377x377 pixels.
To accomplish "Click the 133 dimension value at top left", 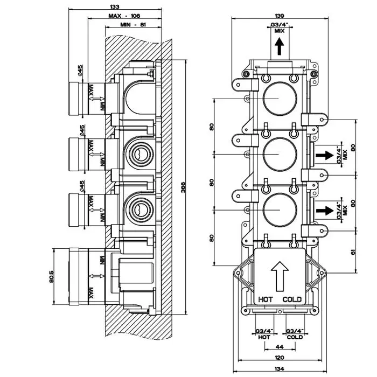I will [x=115, y=6].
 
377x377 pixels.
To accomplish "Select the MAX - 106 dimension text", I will [x=124, y=16].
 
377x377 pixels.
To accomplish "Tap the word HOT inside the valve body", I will [x=266, y=299].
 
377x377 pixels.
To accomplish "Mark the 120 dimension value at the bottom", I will [x=279, y=358].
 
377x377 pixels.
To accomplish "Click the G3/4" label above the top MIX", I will [x=278, y=25].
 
